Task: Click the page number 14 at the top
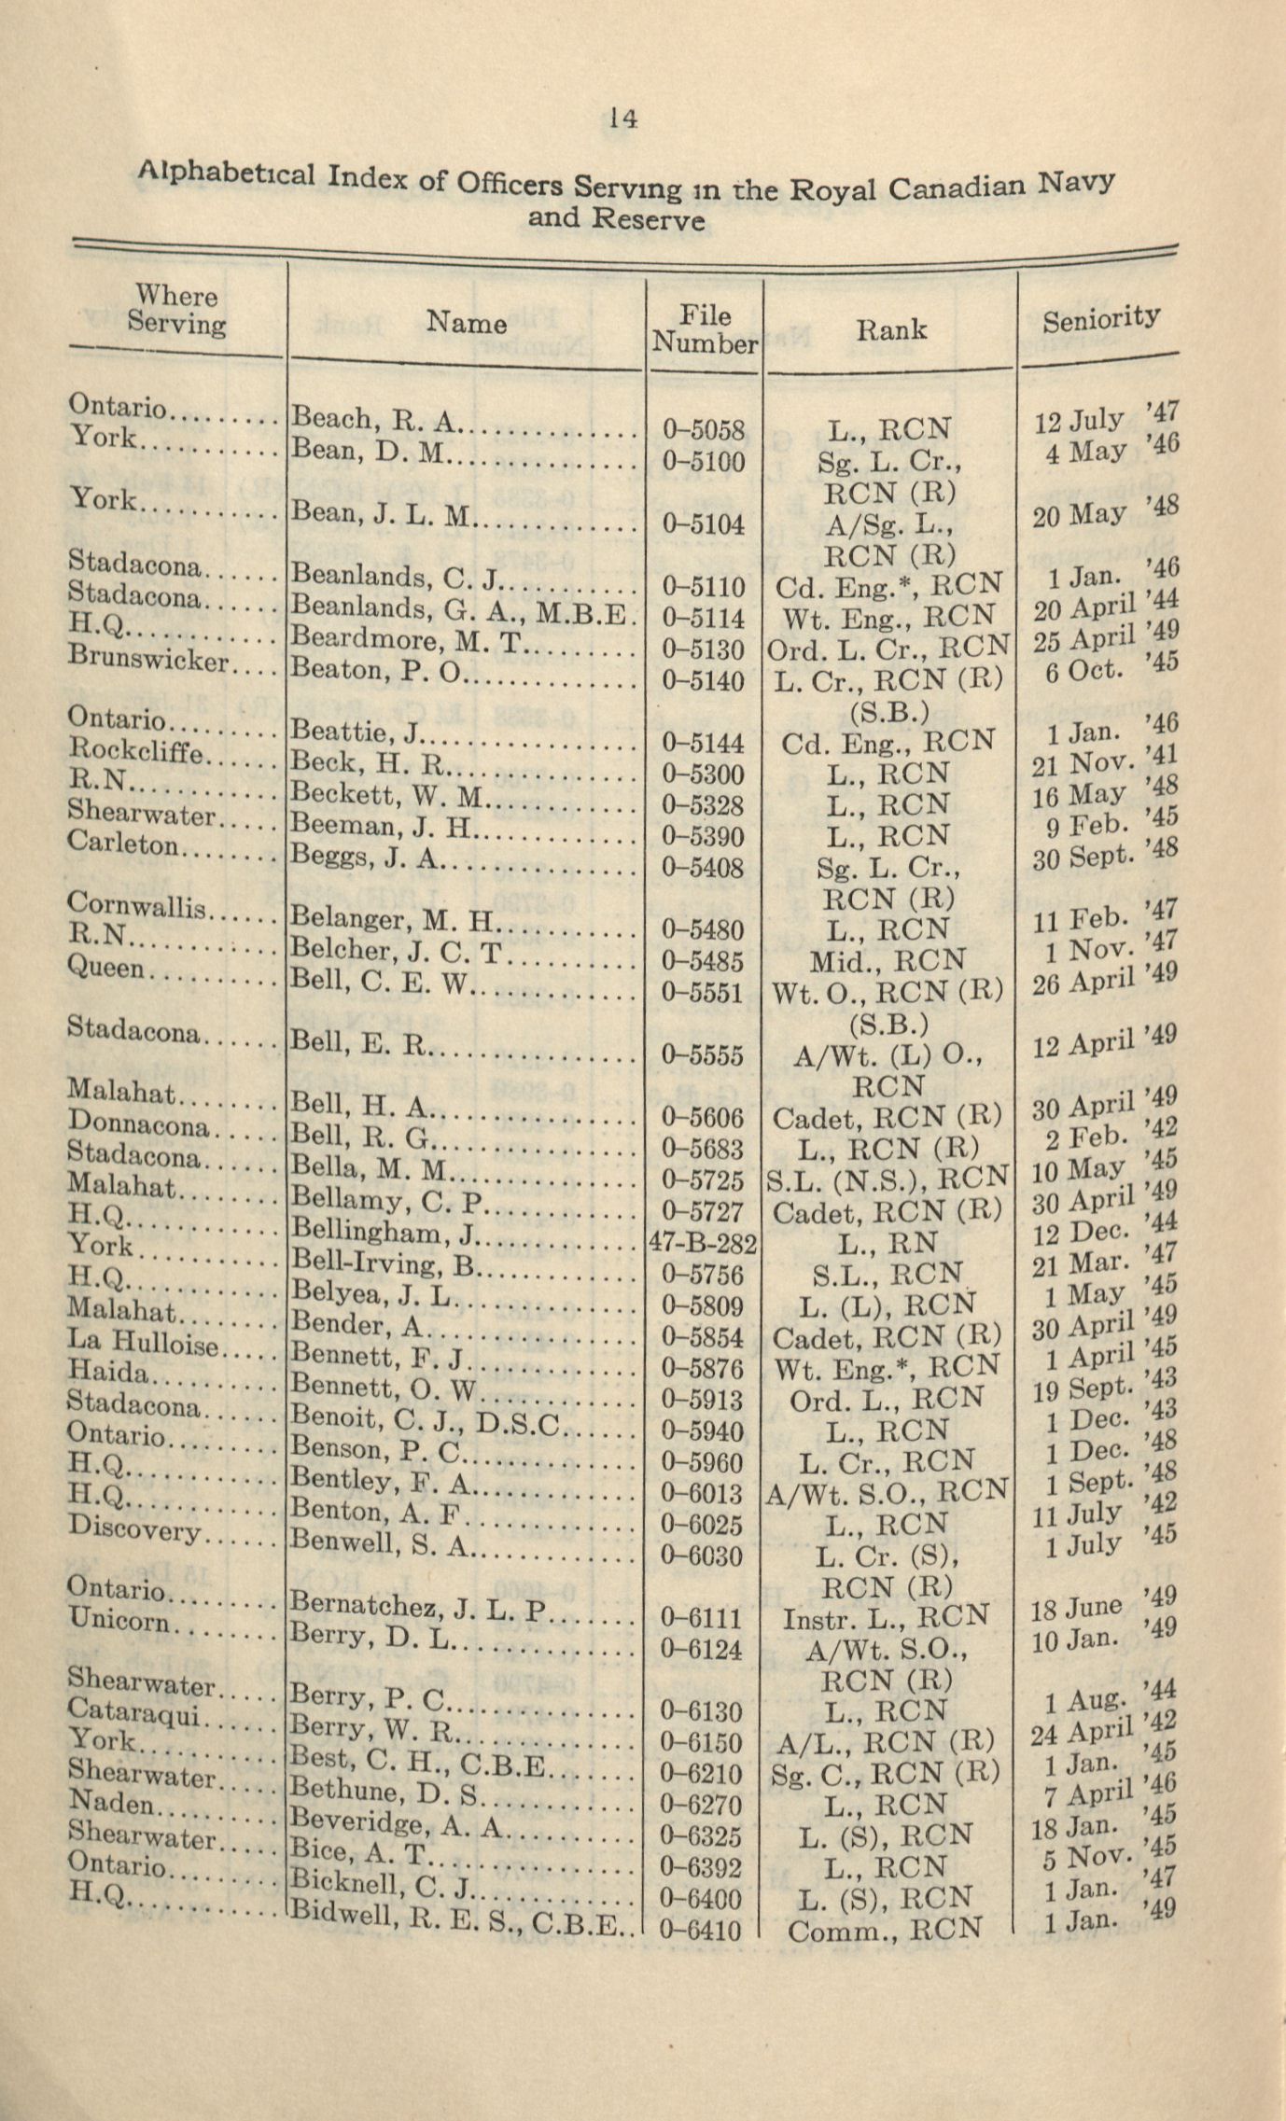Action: coord(622,119)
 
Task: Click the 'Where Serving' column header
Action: coord(175,310)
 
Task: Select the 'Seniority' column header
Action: coord(1101,319)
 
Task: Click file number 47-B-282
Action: coord(703,1244)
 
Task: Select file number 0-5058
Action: coord(704,430)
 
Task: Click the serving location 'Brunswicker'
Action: coord(148,658)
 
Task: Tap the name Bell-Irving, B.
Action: coord(383,1264)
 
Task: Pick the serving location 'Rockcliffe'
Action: coord(133,750)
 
